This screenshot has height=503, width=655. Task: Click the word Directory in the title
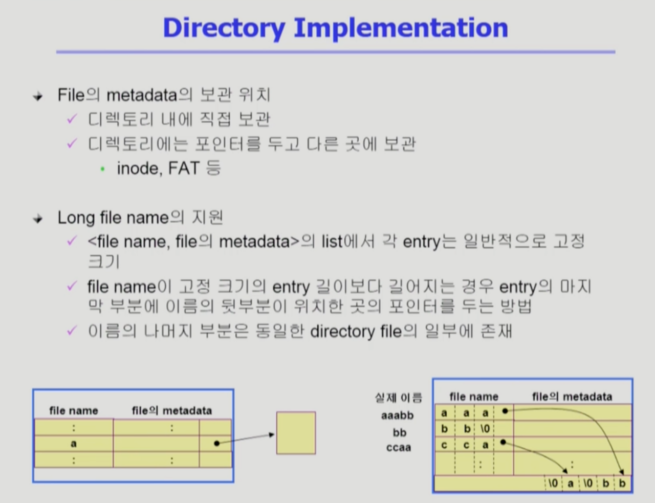point(224,28)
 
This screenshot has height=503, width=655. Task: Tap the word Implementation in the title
point(401,28)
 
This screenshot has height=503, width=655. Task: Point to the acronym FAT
point(184,168)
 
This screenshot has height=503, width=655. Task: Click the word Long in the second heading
point(76,217)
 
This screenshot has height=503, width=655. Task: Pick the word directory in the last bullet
point(342,332)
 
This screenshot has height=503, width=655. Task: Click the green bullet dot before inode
point(103,169)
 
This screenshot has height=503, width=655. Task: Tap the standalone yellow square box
point(296,433)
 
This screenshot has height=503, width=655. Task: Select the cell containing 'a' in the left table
point(74,444)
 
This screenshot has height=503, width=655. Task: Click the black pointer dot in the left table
point(216,443)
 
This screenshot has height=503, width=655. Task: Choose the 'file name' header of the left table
point(74,410)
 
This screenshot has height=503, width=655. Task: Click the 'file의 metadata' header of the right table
point(572,397)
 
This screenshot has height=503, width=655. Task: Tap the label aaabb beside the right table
point(397,415)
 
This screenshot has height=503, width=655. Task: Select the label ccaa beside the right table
point(399,448)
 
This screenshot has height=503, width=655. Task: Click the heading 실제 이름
point(399,398)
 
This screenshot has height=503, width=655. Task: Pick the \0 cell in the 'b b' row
point(485,429)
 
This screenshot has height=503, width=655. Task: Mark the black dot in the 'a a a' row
point(505,411)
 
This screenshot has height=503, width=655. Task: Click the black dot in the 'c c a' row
point(504,442)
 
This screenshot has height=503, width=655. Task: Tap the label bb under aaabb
point(400,433)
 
